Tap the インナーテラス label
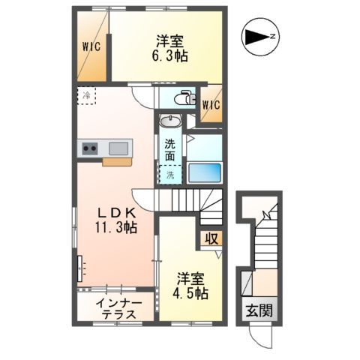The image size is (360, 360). (115, 309)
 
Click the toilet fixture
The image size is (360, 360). (183, 98)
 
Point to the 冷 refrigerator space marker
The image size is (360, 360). (87, 96)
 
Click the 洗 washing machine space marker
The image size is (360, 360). (169, 174)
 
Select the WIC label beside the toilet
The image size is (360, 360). (211, 104)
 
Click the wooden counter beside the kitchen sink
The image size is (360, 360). (115, 160)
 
